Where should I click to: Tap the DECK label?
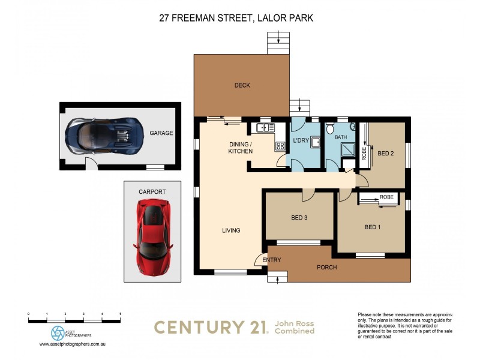tap(242, 86)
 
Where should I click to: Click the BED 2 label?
tap(385, 153)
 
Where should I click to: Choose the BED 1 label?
tap(373, 227)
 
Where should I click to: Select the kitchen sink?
tap(263, 128)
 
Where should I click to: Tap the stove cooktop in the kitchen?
tap(280, 146)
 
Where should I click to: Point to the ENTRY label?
tap(272, 260)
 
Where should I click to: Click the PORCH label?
tap(327, 267)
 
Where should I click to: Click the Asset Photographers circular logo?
tap(58, 333)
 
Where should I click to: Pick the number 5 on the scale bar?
tap(121, 314)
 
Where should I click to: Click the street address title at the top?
tap(236, 19)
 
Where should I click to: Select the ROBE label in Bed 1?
tap(386, 197)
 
